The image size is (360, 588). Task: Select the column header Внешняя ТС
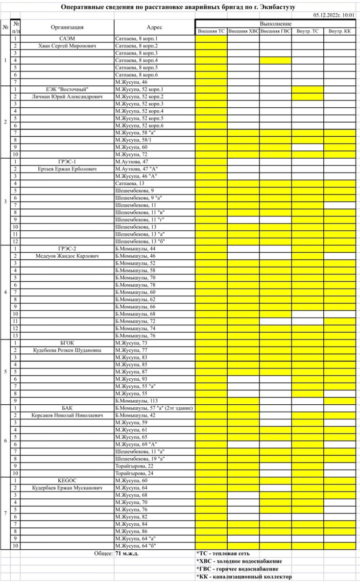click(211, 31)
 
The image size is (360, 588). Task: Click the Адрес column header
click(154, 27)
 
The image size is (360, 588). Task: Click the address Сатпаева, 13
click(129, 183)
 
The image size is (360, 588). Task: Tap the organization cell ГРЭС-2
click(67, 248)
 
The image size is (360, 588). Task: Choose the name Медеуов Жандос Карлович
click(67, 256)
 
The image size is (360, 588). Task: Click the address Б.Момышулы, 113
click(135, 400)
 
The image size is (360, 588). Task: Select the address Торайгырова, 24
click(134, 473)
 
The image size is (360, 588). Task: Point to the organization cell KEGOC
click(67, 480)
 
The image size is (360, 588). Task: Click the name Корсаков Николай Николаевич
click(67, 415)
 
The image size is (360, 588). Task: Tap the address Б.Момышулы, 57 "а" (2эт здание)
click(153, 408)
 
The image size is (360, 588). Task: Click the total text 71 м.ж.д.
click(127, 553)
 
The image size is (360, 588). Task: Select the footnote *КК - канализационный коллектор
click(244, 577)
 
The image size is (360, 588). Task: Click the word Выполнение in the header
click(275, 24)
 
